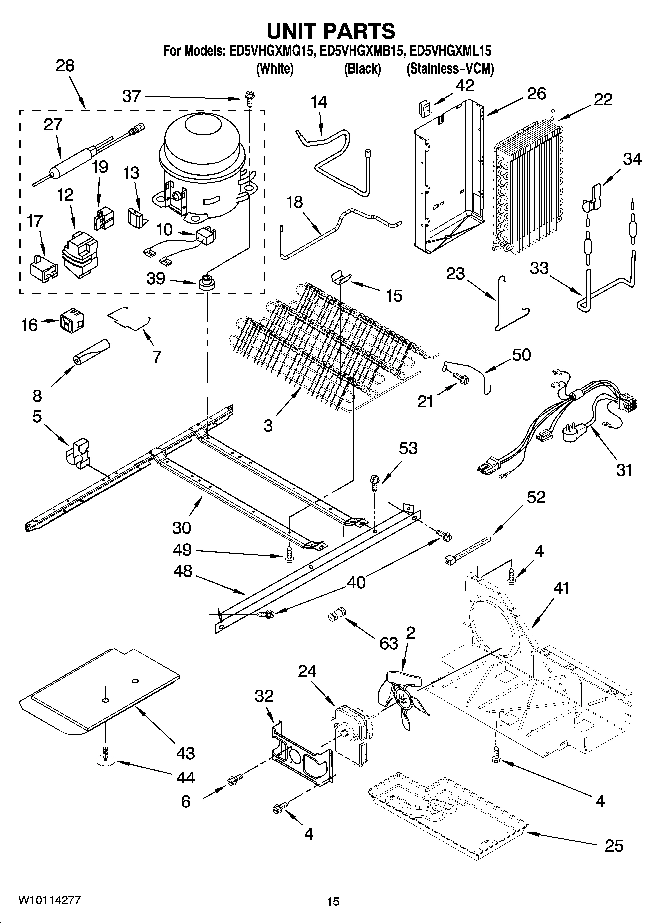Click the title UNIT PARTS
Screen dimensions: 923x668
[331, 31]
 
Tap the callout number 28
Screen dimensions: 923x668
[65, 65]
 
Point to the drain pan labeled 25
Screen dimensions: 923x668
[446, 809]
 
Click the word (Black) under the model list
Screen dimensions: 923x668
[362, 69]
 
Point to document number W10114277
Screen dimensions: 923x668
[50, 900]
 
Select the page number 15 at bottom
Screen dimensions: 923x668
[333, 901]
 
